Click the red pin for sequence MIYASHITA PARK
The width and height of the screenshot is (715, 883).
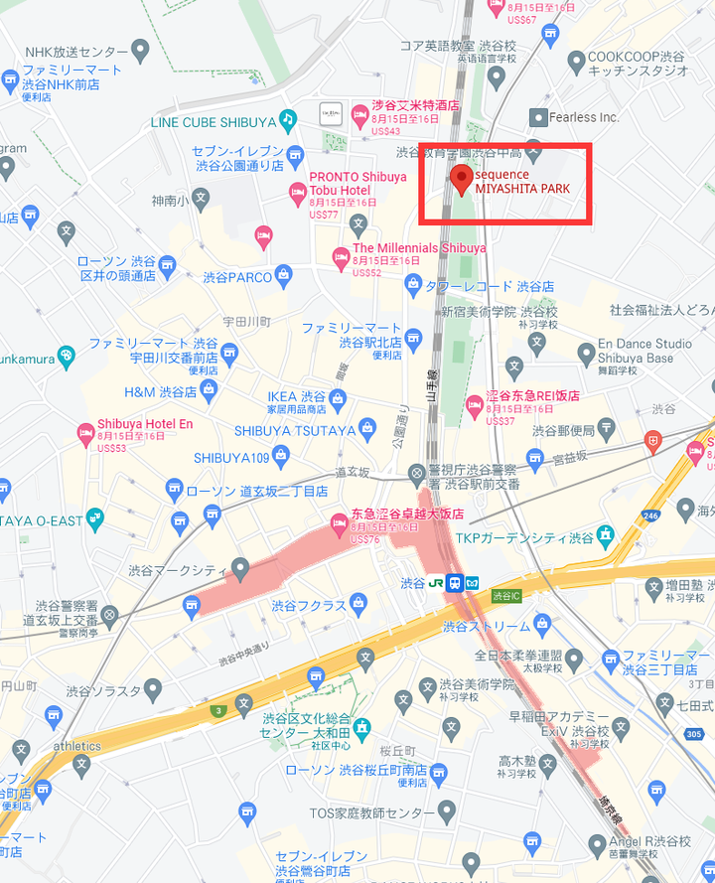coord(461,180)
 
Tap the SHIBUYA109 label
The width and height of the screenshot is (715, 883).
coord(231,458)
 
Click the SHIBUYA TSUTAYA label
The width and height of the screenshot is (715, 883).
coord(295,430)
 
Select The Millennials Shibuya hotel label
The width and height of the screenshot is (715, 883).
coord(419,247)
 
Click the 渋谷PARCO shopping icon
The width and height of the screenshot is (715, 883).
coord(284,274)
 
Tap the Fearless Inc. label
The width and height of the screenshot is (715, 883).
coord(586,117)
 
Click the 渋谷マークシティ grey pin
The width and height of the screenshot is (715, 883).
coord(239,566)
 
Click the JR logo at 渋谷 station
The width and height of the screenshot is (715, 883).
coord(435,582)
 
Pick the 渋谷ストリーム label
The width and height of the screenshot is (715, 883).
coord(487,626)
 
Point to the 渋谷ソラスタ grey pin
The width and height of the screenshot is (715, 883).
coord(152,688)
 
